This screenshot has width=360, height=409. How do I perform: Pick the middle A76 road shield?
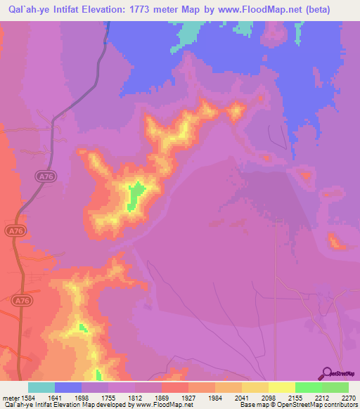15,231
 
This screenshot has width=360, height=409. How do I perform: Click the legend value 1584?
27,396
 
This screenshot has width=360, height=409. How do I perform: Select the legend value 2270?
348,396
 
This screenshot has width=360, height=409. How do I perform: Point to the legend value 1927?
188,396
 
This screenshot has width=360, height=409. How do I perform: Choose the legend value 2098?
268,396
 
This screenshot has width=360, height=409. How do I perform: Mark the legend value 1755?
108,396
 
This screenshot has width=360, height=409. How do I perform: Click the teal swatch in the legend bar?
41,387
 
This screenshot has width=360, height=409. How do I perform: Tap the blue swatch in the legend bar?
67,387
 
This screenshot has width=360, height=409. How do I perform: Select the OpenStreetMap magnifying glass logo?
326,374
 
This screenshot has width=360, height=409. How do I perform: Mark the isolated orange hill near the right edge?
336,242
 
